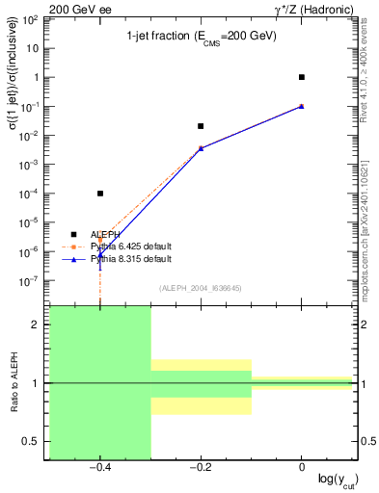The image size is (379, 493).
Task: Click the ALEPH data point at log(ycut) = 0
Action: pos(302,77)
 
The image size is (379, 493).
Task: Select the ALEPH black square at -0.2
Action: pos(201,126)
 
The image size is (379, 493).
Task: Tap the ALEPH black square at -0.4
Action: pos(100,194)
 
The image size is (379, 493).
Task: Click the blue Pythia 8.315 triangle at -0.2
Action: pos(201,148)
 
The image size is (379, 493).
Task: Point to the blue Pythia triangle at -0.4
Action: pos(100,254)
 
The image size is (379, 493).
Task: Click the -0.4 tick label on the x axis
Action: pos(99,467)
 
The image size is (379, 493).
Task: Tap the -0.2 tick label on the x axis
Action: pos(200,467)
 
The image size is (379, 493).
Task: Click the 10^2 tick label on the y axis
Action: pos(31,19)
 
